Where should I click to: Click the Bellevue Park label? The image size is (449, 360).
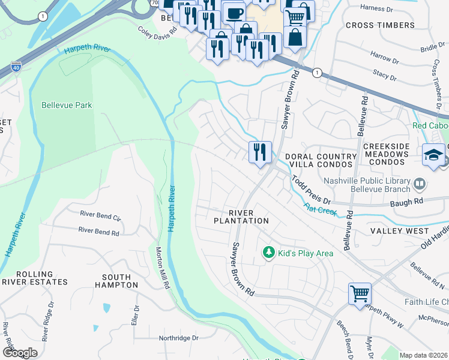point(67,105)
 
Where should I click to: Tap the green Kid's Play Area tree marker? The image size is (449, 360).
point(270,253)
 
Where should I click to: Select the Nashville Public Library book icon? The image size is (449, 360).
point(420,182)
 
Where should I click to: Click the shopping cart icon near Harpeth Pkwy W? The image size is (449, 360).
point(360,294)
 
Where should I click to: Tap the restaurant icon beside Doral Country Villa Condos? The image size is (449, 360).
point(260,152)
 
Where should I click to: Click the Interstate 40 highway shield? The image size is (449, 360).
point(16,67)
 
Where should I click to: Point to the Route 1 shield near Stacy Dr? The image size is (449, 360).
point(316,73)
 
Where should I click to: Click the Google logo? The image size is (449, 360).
point(19,352)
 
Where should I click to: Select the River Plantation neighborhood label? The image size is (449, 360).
point(241,217)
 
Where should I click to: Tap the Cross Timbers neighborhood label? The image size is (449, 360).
point(380,25)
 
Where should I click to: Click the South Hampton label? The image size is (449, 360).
point(116,281)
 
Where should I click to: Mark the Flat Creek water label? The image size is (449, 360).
point(319,209)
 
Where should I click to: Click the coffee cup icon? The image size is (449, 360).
point(234,12)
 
